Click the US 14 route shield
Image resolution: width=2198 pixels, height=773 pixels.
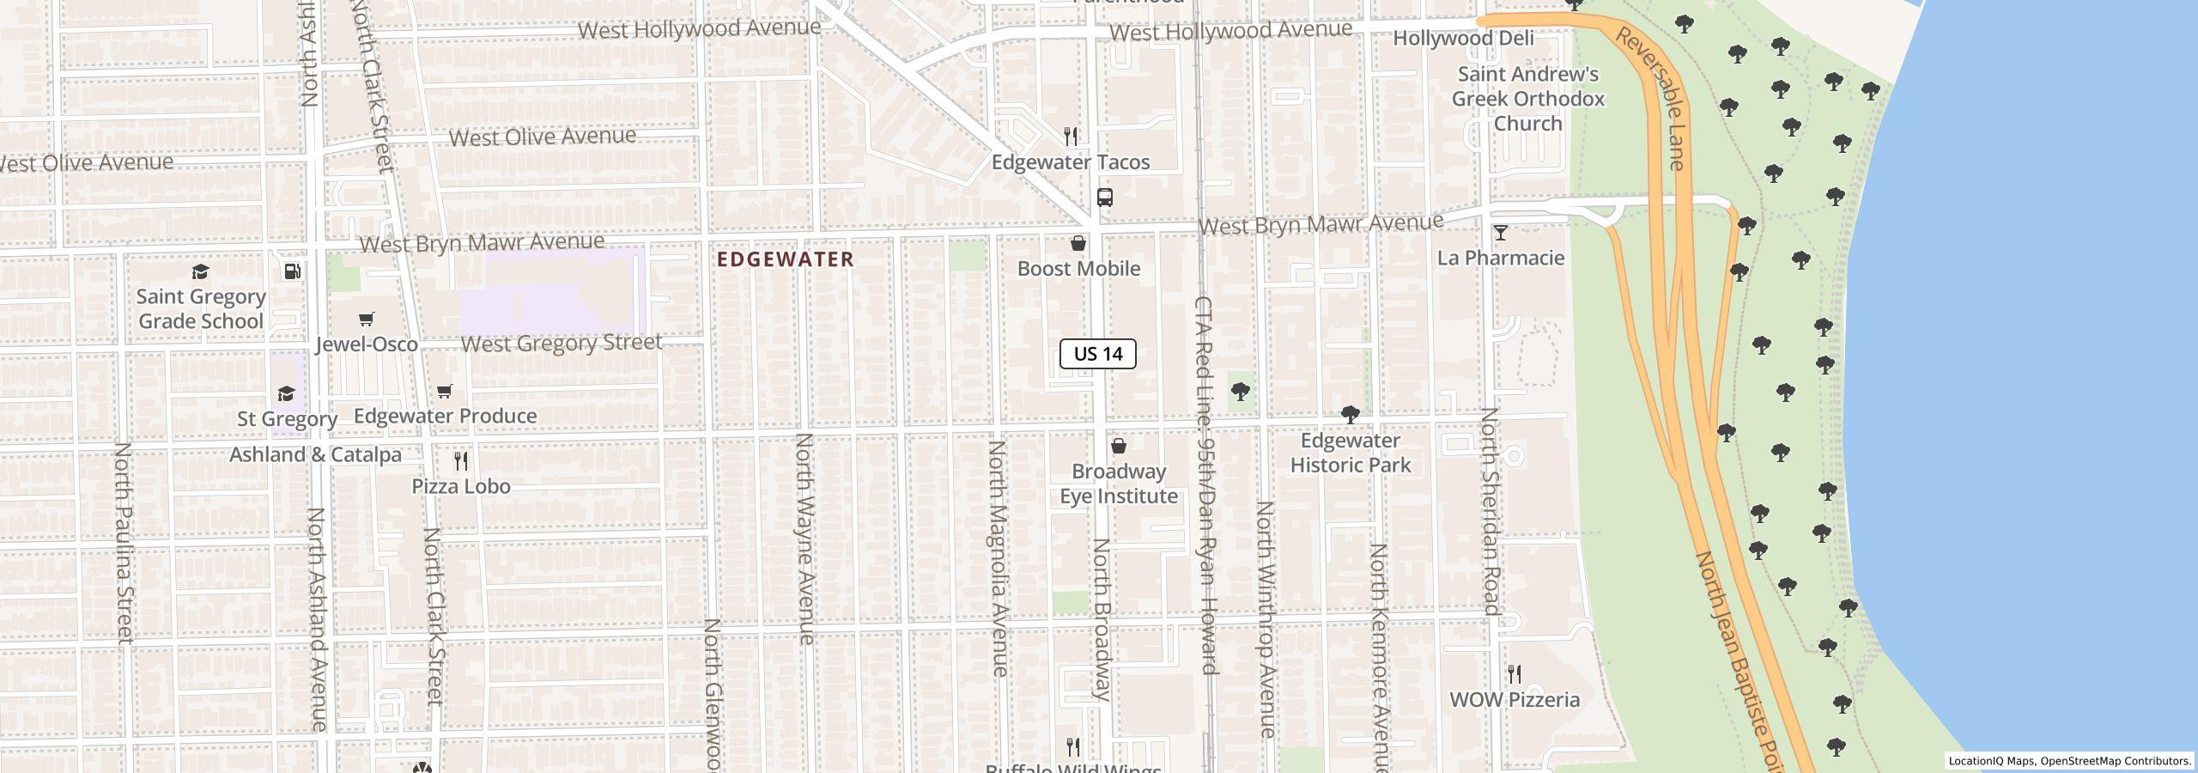1097,354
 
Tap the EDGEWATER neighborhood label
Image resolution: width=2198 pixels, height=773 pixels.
786,259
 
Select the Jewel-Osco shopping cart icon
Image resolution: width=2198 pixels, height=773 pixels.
367,320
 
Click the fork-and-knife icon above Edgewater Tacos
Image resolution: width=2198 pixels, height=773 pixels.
1070,137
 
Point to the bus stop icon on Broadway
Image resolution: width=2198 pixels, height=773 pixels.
1105,198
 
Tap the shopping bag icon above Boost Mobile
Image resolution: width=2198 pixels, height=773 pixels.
1078,244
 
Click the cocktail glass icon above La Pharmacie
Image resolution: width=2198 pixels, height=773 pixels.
1500,233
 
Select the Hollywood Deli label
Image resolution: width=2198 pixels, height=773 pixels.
1474,39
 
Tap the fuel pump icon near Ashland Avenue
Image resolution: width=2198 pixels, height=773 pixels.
292,272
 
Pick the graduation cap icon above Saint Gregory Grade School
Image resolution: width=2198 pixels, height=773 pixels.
200,272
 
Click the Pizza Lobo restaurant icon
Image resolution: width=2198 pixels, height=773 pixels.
461,461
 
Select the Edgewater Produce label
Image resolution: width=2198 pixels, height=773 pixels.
445,416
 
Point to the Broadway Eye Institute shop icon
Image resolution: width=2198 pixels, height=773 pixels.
1118,447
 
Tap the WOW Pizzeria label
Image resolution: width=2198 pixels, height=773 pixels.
1515,700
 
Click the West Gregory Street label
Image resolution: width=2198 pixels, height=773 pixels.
562,344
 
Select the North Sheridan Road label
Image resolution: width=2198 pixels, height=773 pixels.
1490,511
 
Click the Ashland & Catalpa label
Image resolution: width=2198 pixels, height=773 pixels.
315,454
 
